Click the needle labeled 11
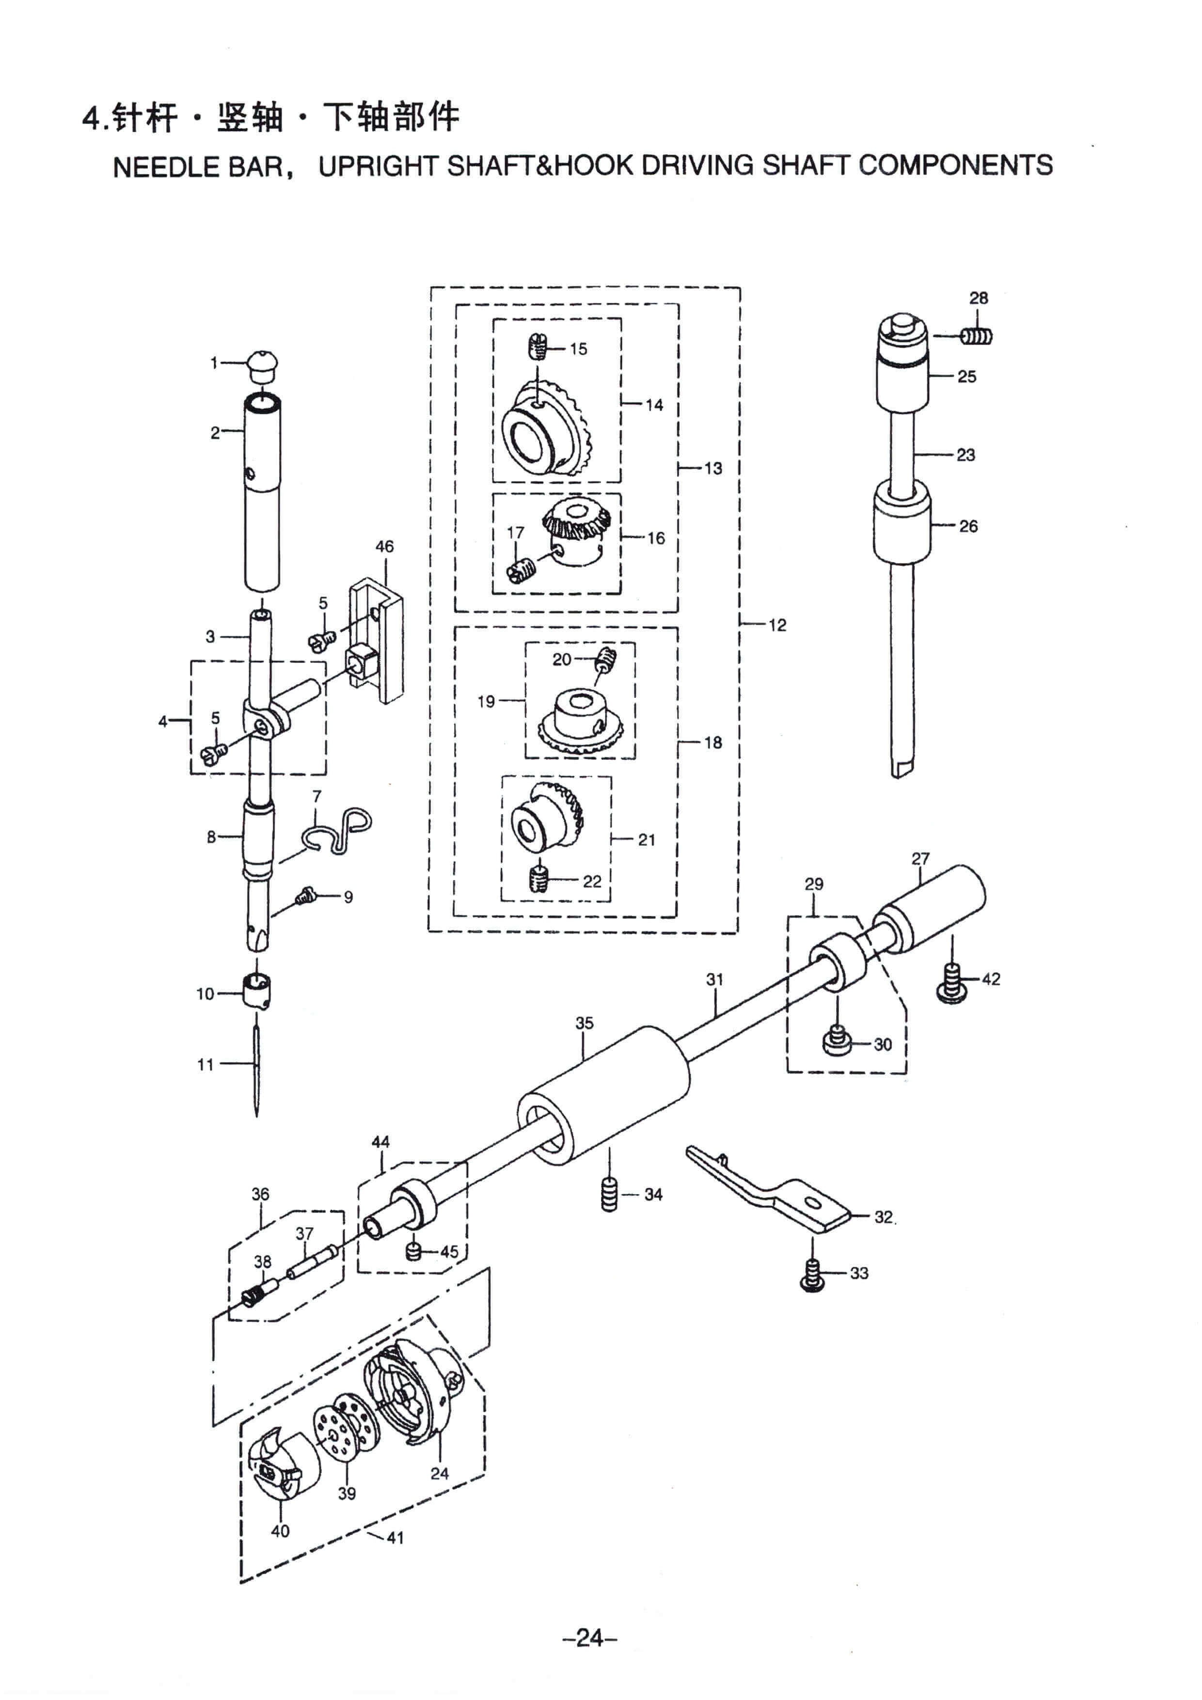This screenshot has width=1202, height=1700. tap(256, 1065)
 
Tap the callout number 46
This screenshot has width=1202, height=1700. tap(384, 547)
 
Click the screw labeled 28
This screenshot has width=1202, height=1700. tap(977, 336)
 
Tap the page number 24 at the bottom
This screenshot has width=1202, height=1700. tap(589, 1637)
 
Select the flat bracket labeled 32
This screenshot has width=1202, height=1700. tap(770, 1192)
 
